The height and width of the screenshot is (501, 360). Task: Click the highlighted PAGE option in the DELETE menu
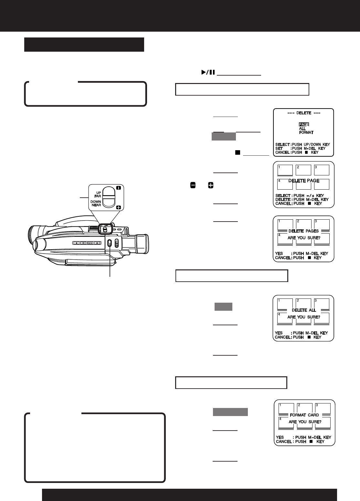pos(304,124)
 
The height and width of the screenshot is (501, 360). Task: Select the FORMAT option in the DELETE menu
pos(306,132)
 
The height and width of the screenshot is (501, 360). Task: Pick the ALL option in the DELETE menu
pos(302,129)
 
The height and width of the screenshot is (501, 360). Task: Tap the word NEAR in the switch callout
pos(96,205)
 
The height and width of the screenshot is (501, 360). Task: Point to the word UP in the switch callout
pos(98,193)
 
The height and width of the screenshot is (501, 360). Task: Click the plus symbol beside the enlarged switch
pos(118,207)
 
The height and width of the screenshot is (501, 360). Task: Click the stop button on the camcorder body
pos(76,243)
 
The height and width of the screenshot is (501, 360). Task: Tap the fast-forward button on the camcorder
pos(97,243)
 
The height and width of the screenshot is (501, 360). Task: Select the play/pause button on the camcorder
pos(90,243)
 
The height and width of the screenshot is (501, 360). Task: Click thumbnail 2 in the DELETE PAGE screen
pos(303,170)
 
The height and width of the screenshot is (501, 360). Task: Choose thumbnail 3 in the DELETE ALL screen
pos(322,304)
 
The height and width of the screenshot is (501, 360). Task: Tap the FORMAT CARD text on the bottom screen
pos(304,415)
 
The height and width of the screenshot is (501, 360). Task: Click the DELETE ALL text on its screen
pos(303,310)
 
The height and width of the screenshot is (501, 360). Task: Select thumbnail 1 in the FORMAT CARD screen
pos(286,408)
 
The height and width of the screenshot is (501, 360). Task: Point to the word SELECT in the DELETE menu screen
pos(282,145)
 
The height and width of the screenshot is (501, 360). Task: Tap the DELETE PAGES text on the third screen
pos(303,231)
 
